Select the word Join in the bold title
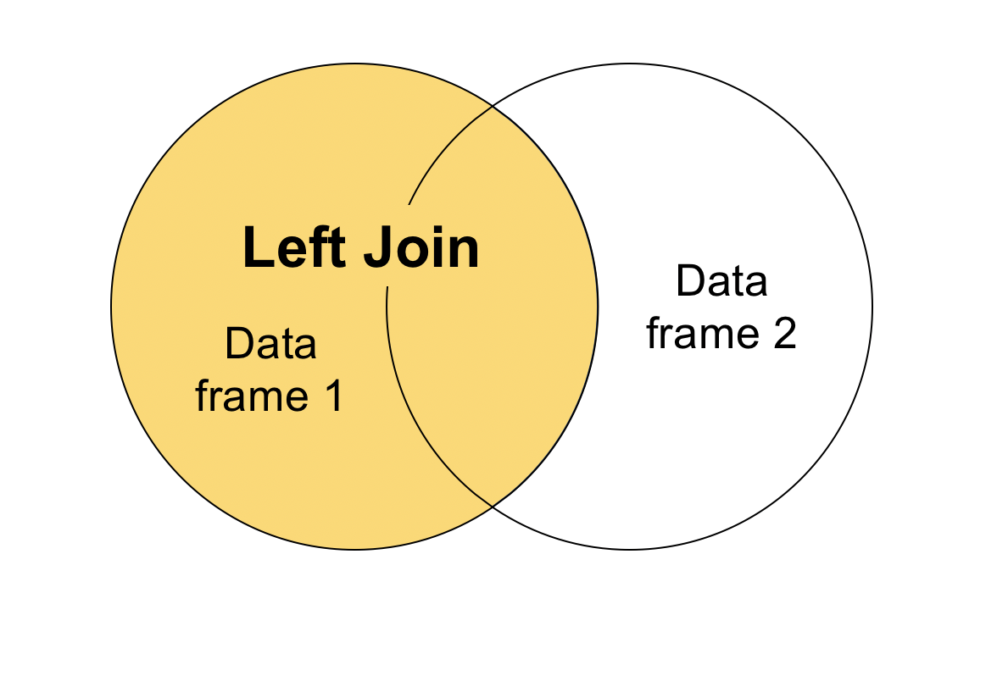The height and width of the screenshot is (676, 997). tap(422, 248)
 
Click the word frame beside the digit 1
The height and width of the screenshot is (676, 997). tap(248, 395)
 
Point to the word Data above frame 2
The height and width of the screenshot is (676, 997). tap(721, 281)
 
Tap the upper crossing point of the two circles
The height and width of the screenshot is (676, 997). tap(493, 106)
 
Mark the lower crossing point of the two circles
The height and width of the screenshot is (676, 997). tap(493, 507)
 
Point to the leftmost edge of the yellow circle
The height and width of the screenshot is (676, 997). tap(111, 307)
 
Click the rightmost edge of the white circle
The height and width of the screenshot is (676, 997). tap(872, 307)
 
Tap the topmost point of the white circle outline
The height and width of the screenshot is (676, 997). tap(629, 64)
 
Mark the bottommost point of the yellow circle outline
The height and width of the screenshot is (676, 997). tap(354, 550)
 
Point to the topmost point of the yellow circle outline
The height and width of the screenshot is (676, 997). tap(354, 64)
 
